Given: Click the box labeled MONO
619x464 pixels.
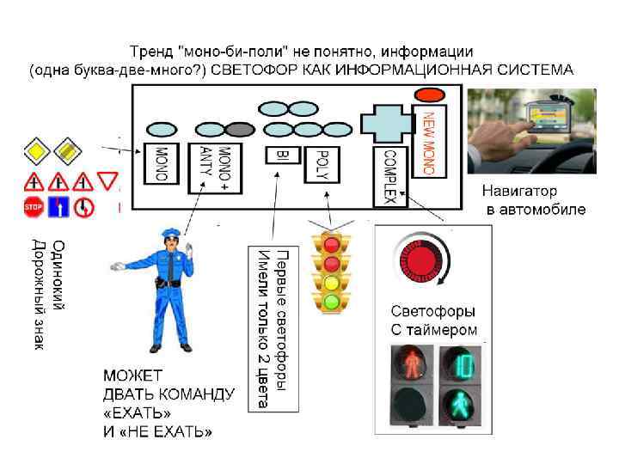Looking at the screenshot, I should tap(160, 164).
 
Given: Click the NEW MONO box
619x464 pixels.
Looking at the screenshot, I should tap(429, 141).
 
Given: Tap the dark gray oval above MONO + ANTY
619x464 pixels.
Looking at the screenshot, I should tap(242, 130).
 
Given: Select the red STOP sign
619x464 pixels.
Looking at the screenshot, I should tap(33, 206).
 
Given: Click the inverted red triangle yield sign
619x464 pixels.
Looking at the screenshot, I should tap(107, 180).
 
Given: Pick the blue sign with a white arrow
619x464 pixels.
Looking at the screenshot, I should tap(58, 206).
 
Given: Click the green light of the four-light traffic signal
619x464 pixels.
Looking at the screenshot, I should tap(332, 301).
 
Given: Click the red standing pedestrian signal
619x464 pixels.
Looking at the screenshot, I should tap(414, 363).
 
